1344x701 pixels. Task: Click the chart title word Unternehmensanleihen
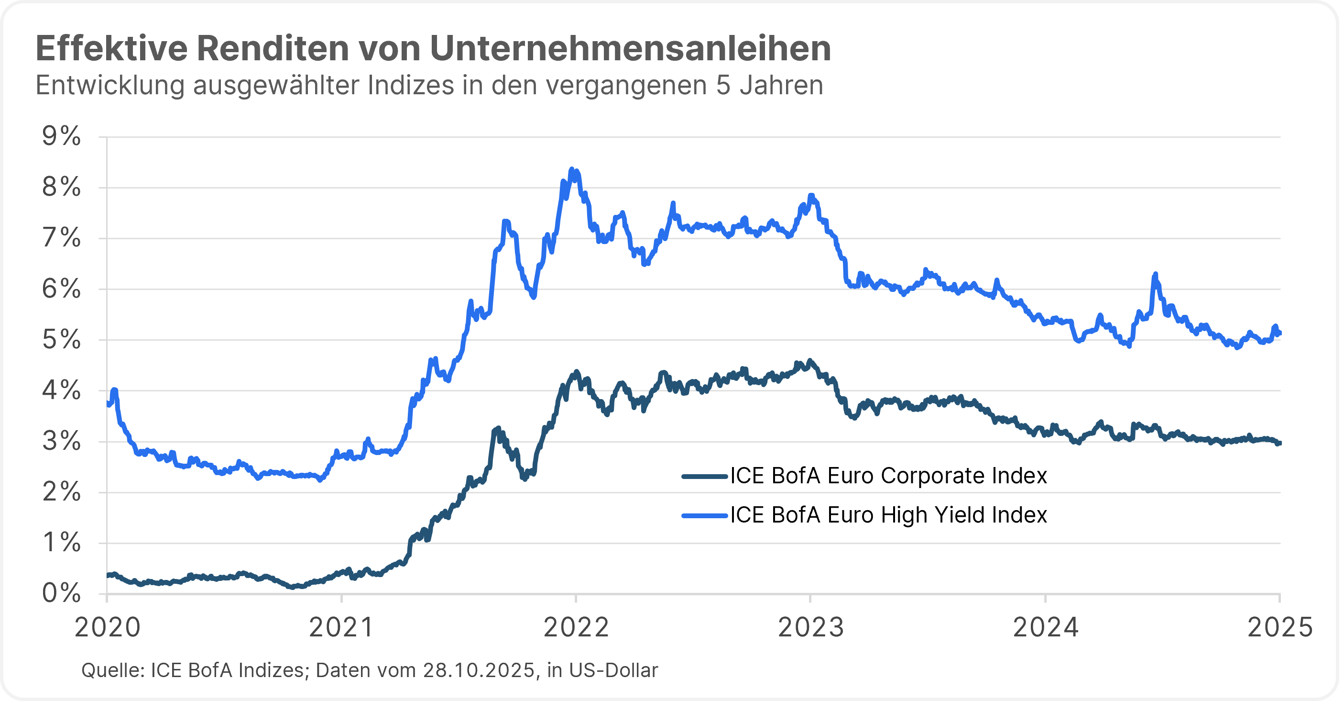tap(630, 48)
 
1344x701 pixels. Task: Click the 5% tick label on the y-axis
tap(62, 340)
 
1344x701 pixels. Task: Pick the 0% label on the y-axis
tap(62, 593)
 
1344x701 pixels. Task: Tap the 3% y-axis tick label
tap(62, 442)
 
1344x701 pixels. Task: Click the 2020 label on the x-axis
tap(108, 627)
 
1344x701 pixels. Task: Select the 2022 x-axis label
tap(576, 627)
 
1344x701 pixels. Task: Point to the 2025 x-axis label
tap(1279, 627)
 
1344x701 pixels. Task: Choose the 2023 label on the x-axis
tap(811, 627)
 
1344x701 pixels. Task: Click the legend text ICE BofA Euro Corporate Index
tap(888, 476)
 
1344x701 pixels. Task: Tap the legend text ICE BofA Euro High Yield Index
tap(888, 515)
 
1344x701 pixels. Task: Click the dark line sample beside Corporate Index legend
tap(704, 476)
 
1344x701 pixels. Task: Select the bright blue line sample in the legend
tap(704, 516)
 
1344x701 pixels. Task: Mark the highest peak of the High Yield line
tap(572, 170)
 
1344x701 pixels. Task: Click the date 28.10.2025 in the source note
tap(479, 670)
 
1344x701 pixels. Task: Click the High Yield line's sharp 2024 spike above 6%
tap(1155, 275)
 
